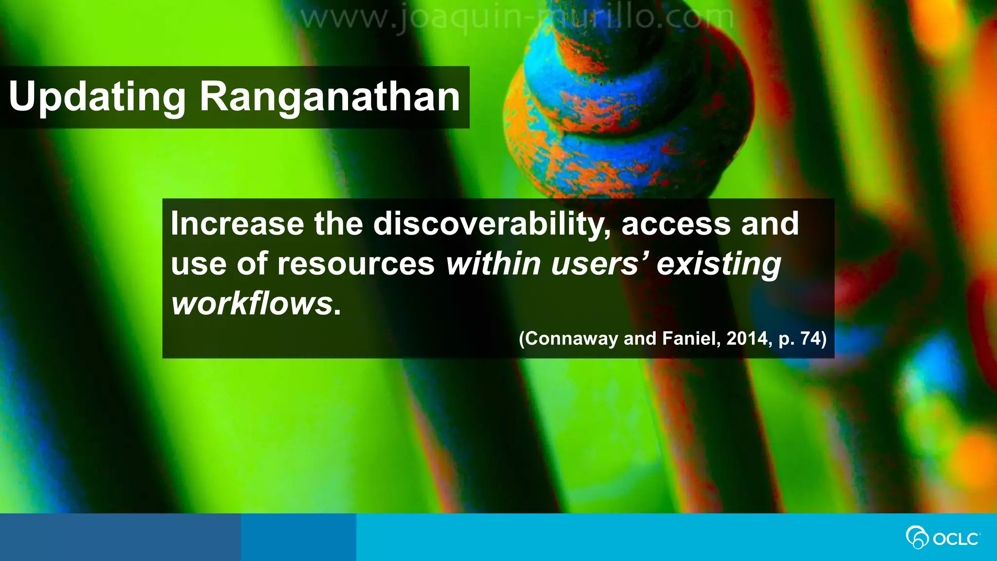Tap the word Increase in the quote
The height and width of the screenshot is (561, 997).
click(237, 224)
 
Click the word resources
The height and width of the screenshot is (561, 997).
click(356, 264)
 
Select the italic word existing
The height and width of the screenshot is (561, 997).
click(719, 264)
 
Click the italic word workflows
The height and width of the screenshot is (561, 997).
click(252, 304)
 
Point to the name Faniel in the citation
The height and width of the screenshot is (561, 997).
click(689, 338)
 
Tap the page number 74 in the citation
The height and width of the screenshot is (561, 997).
click(811, 338)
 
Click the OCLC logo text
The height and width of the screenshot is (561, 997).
click(956, 539)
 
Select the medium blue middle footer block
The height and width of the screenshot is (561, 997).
click(298, 537)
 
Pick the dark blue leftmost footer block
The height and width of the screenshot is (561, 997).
click(120, 537)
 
